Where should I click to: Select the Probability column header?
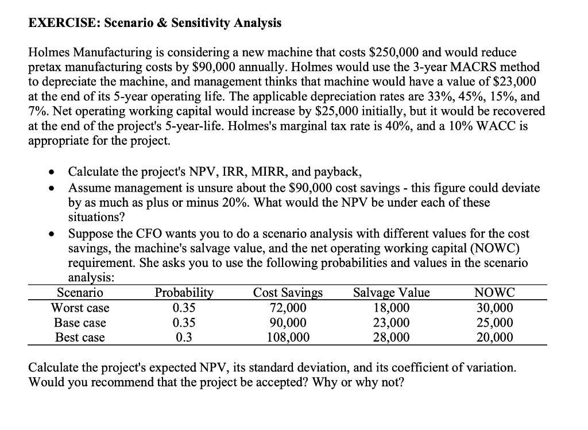click(184, 293)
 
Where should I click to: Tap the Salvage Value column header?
click(392, 293)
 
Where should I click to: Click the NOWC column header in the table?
click(495, 293)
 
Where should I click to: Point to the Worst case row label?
click(80, 308)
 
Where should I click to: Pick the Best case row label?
click(80, 338)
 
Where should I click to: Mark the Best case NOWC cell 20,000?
click(495, 338)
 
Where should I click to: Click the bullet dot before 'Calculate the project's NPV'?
click(53, 172)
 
